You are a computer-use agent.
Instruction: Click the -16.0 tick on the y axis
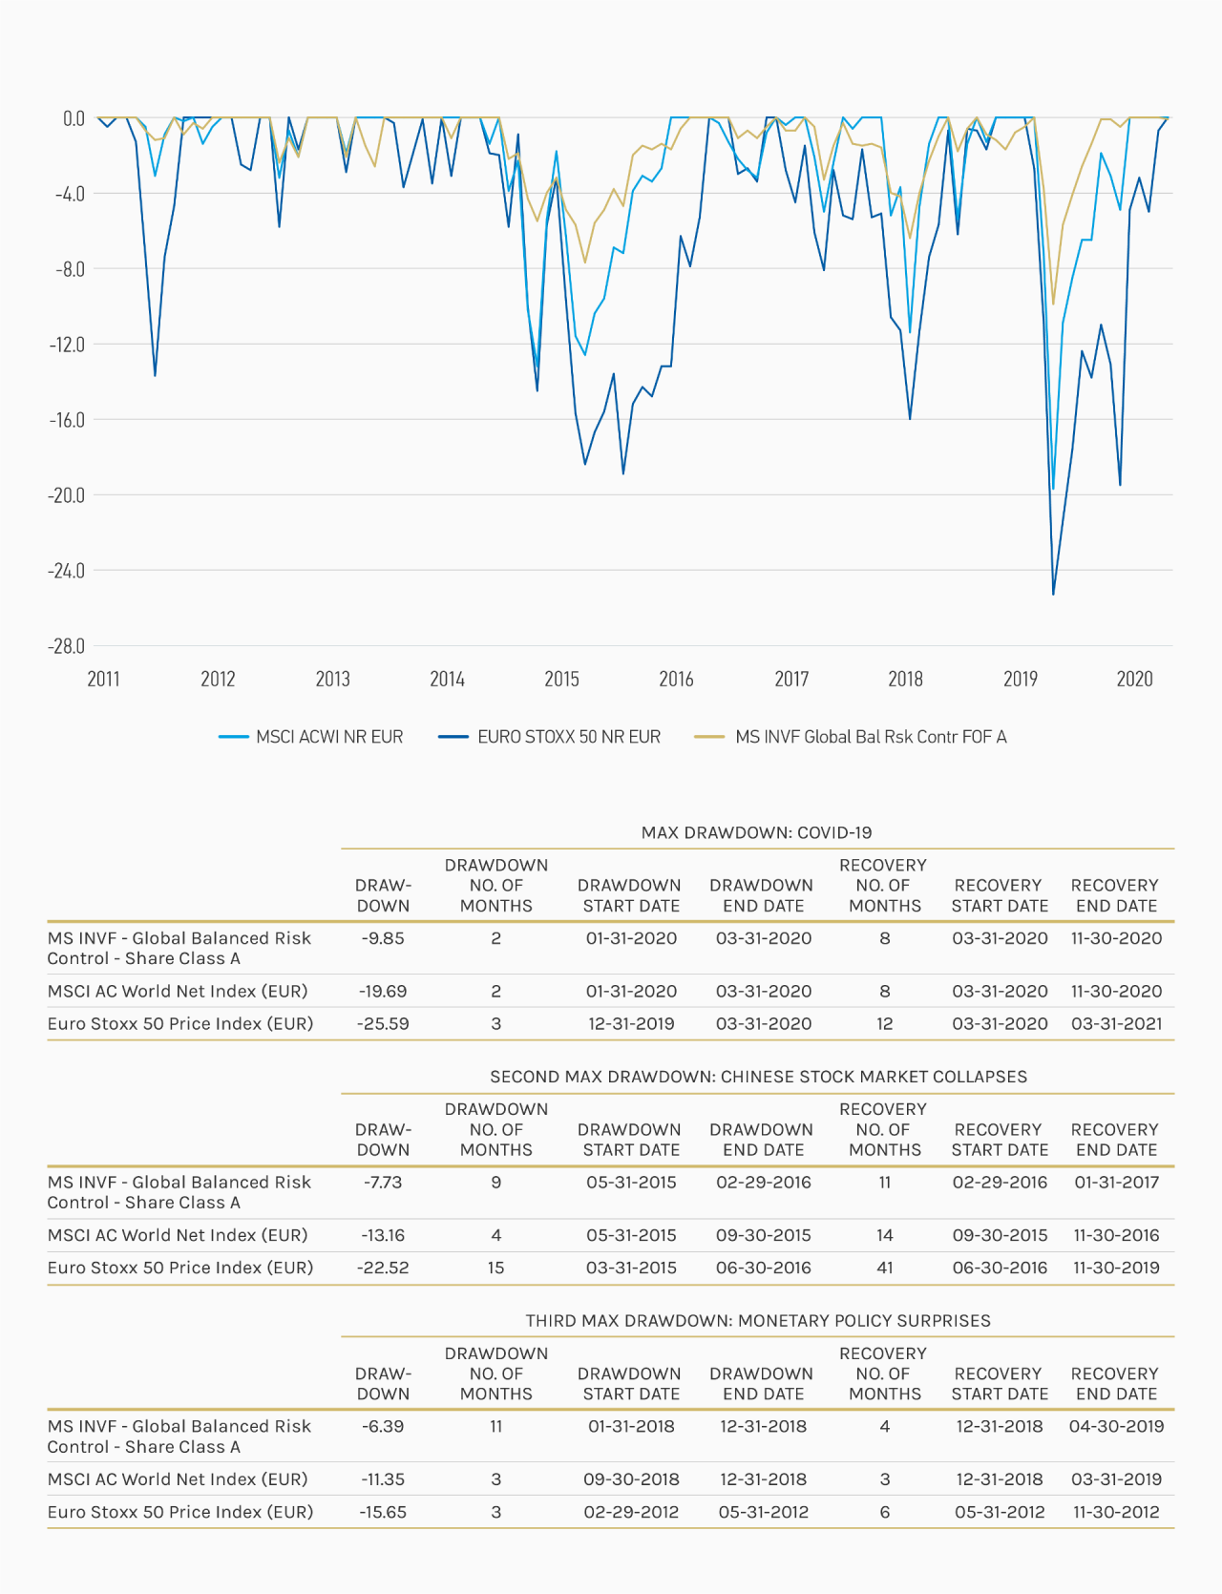[66, 420]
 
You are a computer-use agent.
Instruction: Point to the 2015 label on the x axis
[561, 679]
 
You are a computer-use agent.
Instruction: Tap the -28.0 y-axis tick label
[66, 646]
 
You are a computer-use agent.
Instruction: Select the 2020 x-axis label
[1134, 679]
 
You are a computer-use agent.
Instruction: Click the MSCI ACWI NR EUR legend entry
[311, 737]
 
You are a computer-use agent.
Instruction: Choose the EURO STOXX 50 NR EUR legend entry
[550, 737]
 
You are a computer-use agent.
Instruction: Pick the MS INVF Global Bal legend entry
[851, 737]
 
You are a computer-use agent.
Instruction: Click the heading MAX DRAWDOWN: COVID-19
[757, 832]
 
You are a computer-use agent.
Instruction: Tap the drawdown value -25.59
[383, 1023]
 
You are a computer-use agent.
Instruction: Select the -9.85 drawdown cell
[383, 938]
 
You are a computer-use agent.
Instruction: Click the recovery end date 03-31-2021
[1117, 1023]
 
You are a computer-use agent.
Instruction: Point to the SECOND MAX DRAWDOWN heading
[759, 1077]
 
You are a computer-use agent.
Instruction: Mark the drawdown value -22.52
[383, 1268]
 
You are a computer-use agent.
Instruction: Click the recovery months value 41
[885, 1268]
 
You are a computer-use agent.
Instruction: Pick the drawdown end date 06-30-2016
[764, 1268]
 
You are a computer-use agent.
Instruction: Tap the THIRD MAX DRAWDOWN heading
[758, 1321]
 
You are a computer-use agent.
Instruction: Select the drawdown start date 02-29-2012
[631, 1512]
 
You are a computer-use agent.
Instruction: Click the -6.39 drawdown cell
[383, 1426]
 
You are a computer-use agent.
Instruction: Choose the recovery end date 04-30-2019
[1117, 1426]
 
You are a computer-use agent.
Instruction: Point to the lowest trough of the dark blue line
[1053, 594]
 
